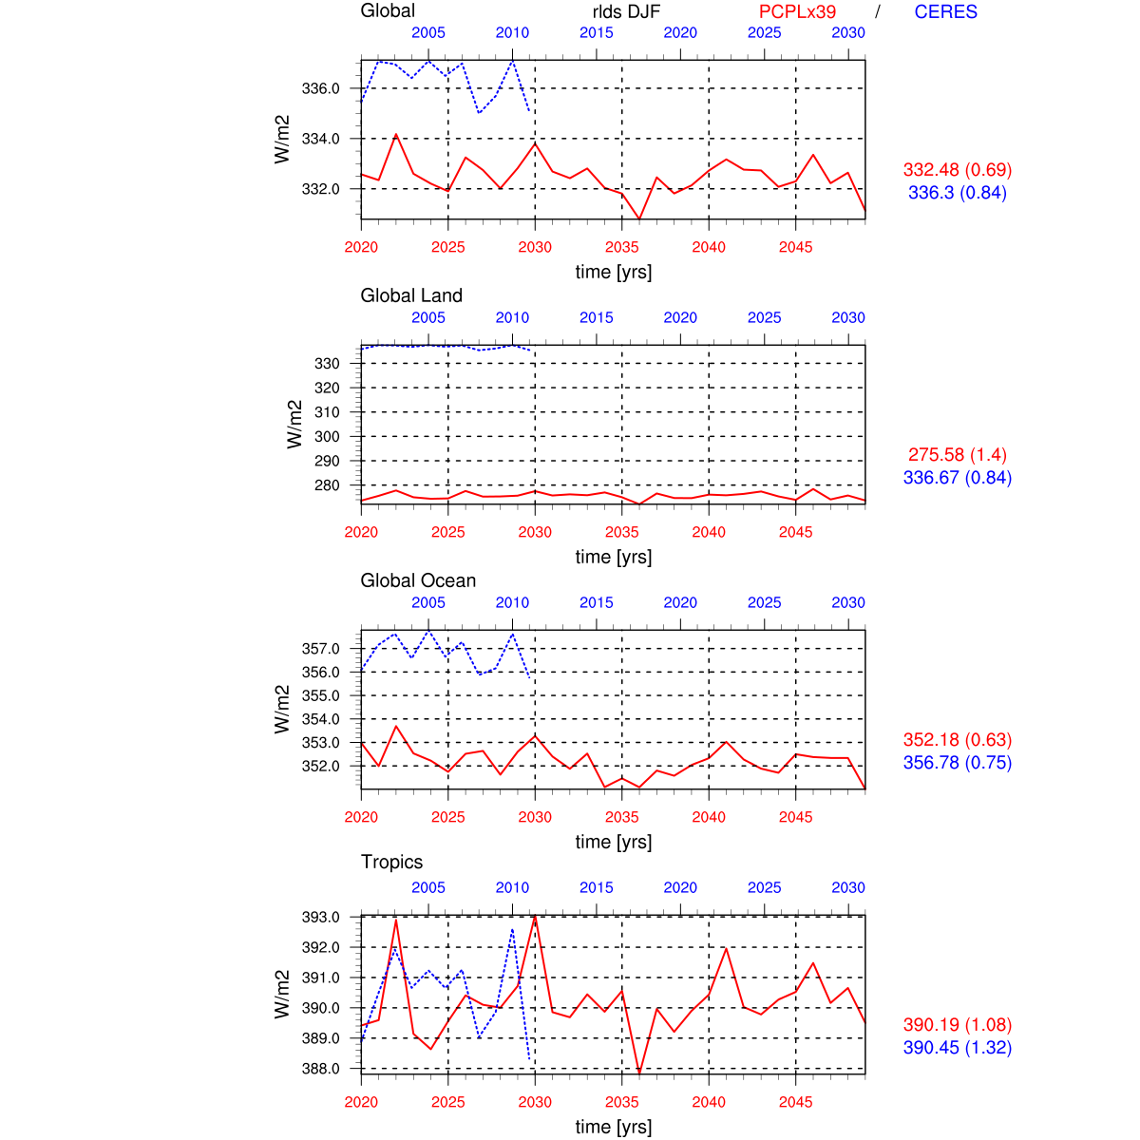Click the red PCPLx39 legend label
point(797,11)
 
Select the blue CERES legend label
point(945,11)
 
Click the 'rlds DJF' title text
point(625,11)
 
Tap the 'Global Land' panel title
point(411,295)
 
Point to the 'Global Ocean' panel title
point(418,580)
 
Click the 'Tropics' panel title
point(391,862)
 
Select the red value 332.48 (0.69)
point(957,170)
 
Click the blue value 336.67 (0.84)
point(957,478)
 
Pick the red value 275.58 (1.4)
point(957,455)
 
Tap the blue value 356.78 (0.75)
point(957,763)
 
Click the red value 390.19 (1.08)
point(957,1025)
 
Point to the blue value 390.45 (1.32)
point(957,1048)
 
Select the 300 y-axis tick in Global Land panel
point(326,437)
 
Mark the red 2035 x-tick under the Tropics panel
point(622,1102)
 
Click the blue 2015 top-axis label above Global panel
point(597,32)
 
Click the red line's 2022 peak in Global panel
point(396,135)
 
